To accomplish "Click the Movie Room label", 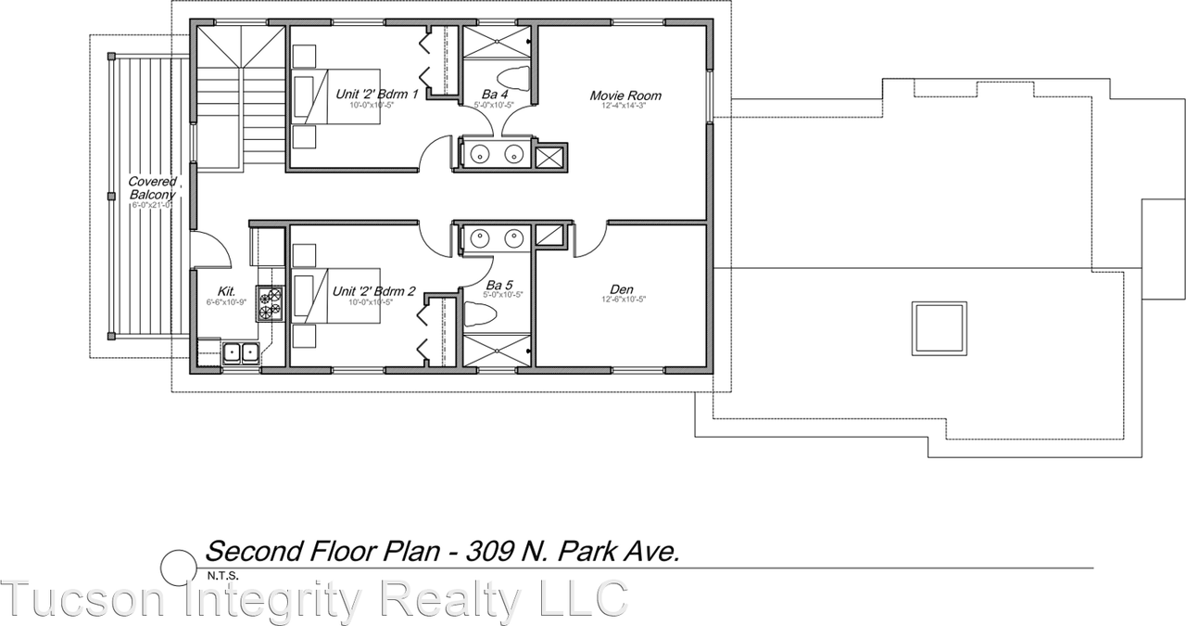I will [625, 96].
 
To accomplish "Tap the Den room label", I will [622, 289].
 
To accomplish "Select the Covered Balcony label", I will [152, 187].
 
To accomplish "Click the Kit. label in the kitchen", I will [226, 290].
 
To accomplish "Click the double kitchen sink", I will [240, 353].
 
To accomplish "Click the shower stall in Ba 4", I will [496, 43].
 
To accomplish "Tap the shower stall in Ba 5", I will [496, 352].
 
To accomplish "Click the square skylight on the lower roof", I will [940, 328].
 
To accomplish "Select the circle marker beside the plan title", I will [178, 566].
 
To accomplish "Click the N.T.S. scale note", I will [222, 576].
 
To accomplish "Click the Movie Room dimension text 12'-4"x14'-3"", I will [625, 106].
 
